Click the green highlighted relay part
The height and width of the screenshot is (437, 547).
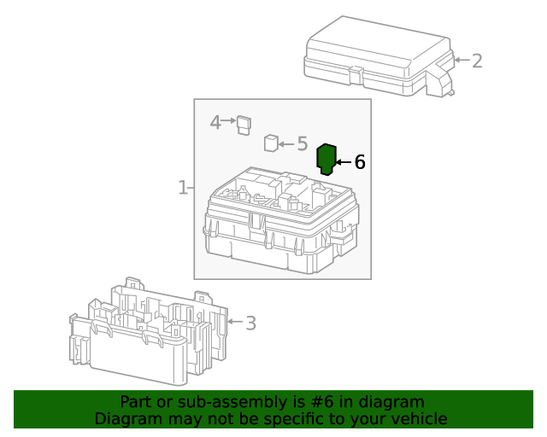(x=326, y=159)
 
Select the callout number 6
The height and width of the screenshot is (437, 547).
(x=360, y=161)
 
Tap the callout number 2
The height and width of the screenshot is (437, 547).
(x=477, y=61)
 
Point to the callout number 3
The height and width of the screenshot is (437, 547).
(x=250, y=323)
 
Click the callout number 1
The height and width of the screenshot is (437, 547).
(x=183, y=187)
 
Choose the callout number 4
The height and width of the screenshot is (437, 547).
(x=215, y=122)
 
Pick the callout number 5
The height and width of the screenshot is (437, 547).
(x=302, y=143)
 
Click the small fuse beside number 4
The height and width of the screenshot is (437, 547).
(x=244, y=124)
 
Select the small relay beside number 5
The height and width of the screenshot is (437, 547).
(x=271, y=143)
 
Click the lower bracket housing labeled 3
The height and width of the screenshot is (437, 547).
(x=150, y=333)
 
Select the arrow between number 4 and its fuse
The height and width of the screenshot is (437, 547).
(x=229, y=122)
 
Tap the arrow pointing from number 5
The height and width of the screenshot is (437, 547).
(x=286, y=143)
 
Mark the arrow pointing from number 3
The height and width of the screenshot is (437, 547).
(x=234, y=323)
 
